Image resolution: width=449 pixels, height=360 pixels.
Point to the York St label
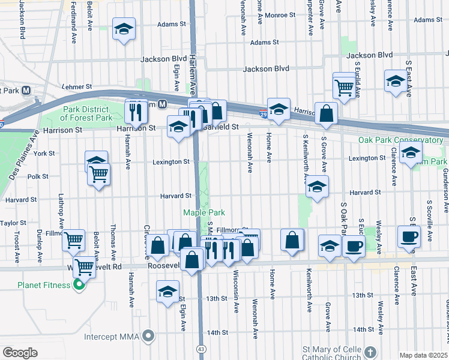[44, 154]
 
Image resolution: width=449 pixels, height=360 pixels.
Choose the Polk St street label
[37, 176]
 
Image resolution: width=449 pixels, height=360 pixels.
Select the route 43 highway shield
[200, 349]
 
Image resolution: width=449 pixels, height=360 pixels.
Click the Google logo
[20, 353]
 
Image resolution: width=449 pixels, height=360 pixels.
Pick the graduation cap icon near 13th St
[167, 292]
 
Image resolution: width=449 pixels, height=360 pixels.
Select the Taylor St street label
[13, 223]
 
